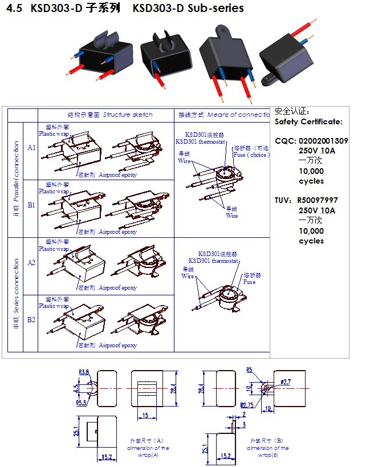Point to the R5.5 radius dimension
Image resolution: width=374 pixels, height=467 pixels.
tap(83, 403)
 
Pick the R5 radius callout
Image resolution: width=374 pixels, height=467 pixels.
tap(249, 370)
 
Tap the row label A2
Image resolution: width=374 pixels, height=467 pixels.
tap(31, 263)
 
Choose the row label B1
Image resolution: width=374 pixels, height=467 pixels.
tap(31, 204)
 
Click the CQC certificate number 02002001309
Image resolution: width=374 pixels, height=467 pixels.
tap(323, 141)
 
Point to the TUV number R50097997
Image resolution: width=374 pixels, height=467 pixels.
tap(318, 201)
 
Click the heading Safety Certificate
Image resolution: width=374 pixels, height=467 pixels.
tap(308, 121)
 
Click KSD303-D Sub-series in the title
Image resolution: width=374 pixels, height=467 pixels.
tap(188, 9)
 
